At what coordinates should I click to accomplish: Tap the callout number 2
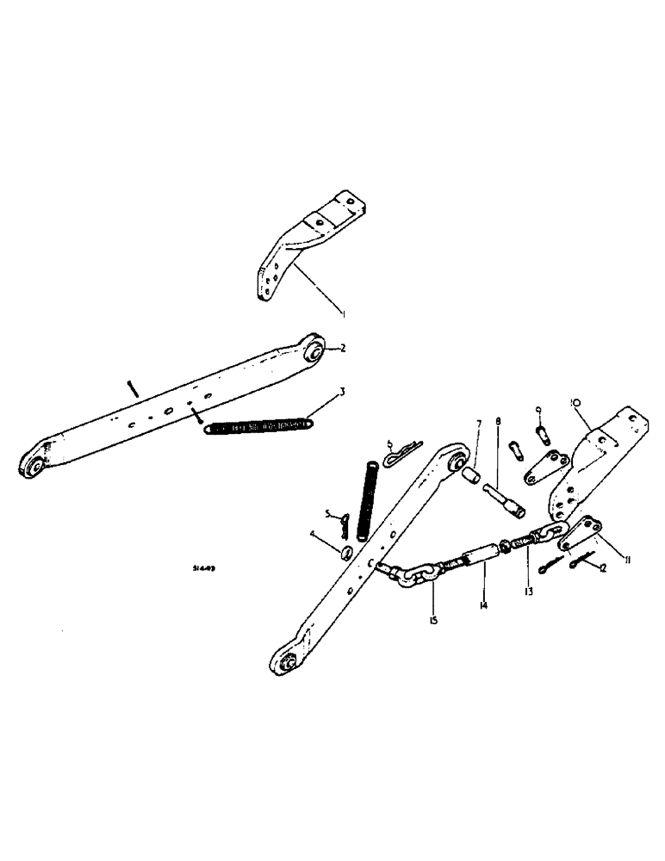click(x=342, y=348)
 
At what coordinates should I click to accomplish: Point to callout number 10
click(x=575, y=402)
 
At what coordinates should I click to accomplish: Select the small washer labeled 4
click(x=345, y=552)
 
